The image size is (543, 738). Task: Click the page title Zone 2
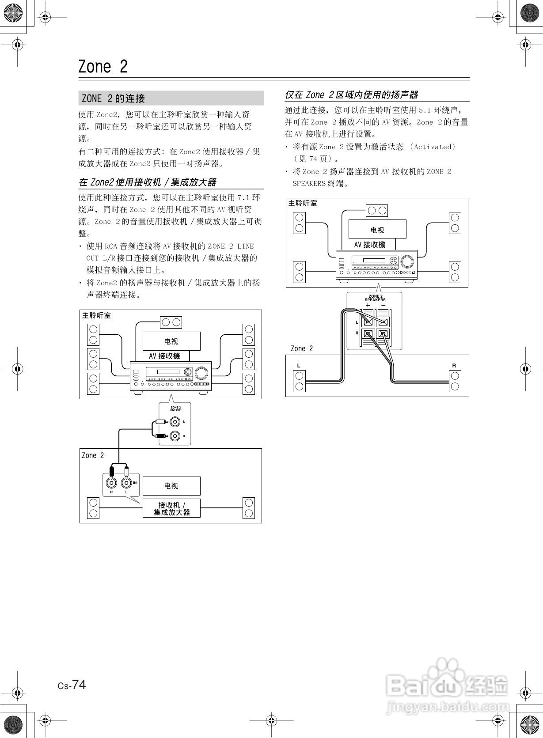(103, 67)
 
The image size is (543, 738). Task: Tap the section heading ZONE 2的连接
(114, 98)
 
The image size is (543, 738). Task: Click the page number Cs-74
(72, 685)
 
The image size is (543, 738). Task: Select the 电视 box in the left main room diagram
(171, 341)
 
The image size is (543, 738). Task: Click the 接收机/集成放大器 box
(171, 508)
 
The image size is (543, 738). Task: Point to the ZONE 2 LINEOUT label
(175, 409)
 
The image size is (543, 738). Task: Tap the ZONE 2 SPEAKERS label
(375, 298)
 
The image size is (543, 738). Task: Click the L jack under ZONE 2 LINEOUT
(175, 422)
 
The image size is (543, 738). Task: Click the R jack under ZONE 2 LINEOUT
(175, 436)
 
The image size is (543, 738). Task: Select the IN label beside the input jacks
(135, 483)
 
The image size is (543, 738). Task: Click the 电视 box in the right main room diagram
(377, 230)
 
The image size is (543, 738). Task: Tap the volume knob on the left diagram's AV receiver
(201, 373)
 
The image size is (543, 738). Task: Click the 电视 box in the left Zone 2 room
(171, 486)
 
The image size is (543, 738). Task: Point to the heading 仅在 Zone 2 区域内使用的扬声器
(351, 95)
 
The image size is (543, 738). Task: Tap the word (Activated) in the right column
(433, 147)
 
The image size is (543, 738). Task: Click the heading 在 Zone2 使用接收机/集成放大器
(148, 182)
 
